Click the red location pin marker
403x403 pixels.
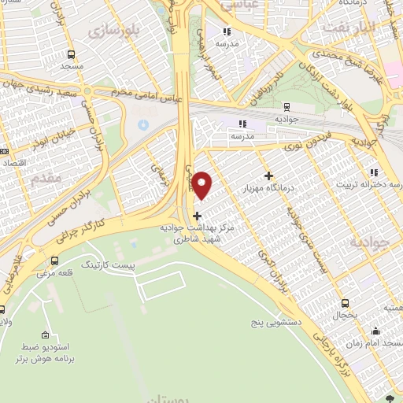[202, 184]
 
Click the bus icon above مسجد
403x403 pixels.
[72, 55]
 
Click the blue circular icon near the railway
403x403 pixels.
[142, 124]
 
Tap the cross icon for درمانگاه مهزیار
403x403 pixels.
[269, 176]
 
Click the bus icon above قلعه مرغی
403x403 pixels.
[54, 261]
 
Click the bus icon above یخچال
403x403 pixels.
[345, 303]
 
